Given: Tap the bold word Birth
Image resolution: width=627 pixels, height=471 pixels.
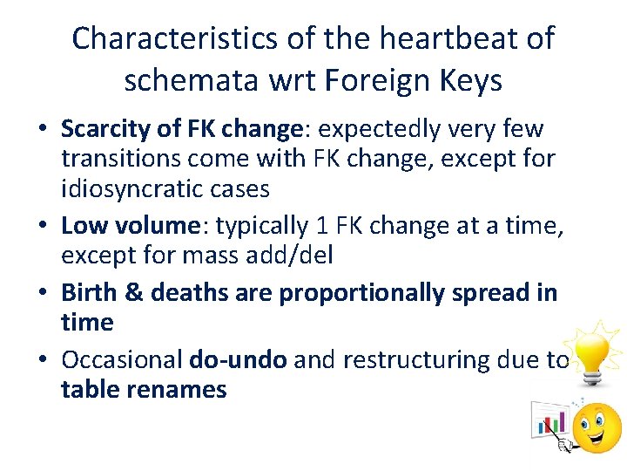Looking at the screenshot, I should tap(90, 292).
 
